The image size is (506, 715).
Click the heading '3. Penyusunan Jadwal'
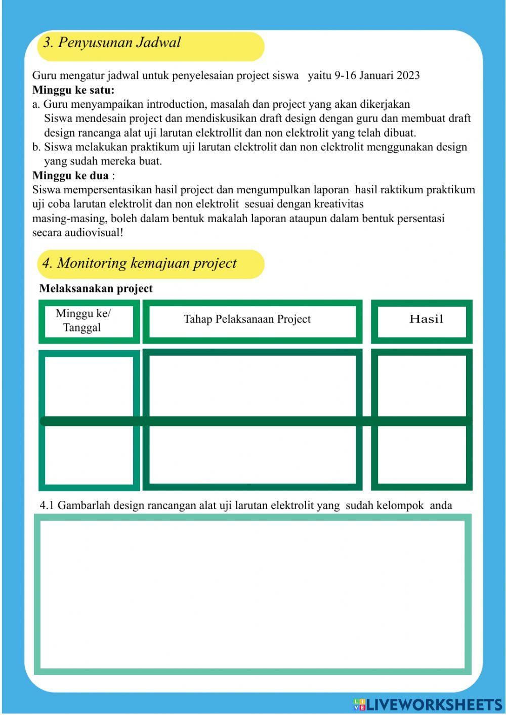[x=112, y=43]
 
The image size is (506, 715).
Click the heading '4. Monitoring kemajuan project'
[x=139, y=263]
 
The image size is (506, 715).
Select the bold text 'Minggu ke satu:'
[x=73, y=90]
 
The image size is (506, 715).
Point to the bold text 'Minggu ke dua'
[x=70, y=176]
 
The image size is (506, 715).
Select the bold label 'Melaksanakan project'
[x=96, y=288]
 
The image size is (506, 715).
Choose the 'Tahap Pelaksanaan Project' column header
[x=247, y=319]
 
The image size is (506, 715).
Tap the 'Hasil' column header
[x=426, y=319]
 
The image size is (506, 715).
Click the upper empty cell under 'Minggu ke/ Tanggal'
[x=89, y=386]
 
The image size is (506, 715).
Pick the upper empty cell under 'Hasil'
[x=421, y=386]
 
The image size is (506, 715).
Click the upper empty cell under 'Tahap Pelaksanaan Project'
[x=252, y=386]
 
